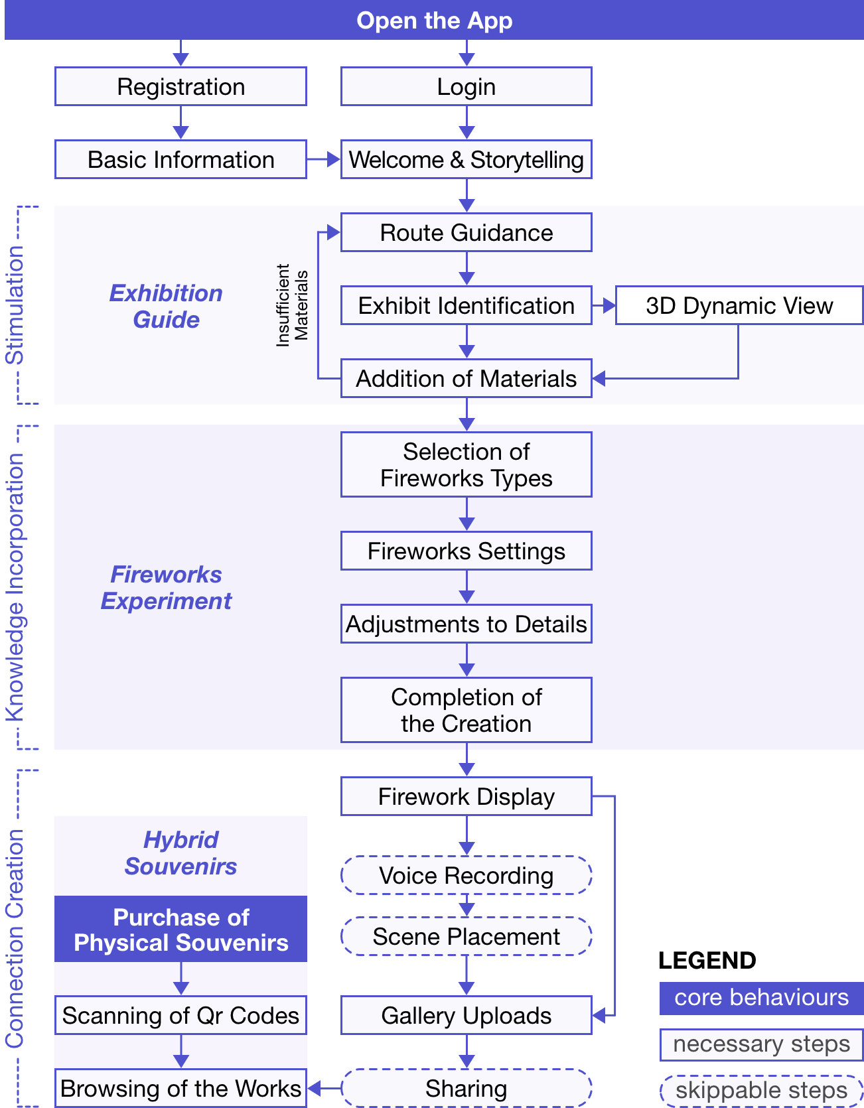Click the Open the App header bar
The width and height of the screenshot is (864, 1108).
click(x=434, y=20)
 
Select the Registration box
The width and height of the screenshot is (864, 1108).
click(x=180, y=86)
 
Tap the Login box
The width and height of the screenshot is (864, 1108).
click(x=467, y=86)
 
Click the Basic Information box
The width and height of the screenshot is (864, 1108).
click(x=180, y=159)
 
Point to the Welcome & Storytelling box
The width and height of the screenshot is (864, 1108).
click(x=467, y=159)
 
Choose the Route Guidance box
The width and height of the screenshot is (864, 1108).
click(x=467, y=232)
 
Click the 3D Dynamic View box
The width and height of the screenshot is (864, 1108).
click(x=739, y=305)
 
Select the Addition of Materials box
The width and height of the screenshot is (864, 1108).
click(x=467, y=378)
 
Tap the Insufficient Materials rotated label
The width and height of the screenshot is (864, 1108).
click(x=292, y=305)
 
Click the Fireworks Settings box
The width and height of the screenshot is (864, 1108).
click(x=467, y=551)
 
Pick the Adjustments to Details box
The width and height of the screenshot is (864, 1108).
click(x=467, y=624)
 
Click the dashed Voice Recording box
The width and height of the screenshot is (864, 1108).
click(x=467, y=875)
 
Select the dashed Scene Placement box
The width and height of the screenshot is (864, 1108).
click(x=467, y=936)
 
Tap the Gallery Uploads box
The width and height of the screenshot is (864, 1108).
click(x=467, y=1015)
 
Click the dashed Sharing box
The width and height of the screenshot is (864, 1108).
click(x=467, y=1088)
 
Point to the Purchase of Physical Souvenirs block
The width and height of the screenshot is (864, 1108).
click(x=180, y=929)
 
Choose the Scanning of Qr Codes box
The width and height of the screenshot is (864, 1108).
click(x=180, y=1015)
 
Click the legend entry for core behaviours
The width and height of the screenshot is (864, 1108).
click(x=761, y=998)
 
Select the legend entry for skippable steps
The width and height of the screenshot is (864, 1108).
click(x=761, y=1091)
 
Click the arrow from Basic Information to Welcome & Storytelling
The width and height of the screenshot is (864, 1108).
click(x=324, y=159)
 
